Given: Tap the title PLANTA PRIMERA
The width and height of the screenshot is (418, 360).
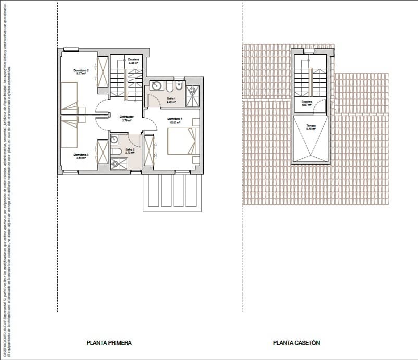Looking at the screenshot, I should coord(109,343).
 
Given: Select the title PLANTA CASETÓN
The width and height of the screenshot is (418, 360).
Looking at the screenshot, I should coord(296,343).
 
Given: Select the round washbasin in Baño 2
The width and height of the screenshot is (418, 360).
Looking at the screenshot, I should coord(114,139).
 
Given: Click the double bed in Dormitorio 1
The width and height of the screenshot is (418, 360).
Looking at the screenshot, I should coord(181,141).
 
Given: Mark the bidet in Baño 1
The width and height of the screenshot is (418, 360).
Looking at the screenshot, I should coord(179,86).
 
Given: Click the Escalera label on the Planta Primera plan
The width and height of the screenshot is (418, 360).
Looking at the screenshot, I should coord(133,61).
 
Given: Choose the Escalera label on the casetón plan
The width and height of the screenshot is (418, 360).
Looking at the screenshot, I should coord(306,103).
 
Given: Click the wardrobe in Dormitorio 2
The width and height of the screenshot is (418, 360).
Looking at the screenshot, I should coord(102,71).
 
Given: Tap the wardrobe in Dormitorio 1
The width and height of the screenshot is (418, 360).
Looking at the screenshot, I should coord(150,151).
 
